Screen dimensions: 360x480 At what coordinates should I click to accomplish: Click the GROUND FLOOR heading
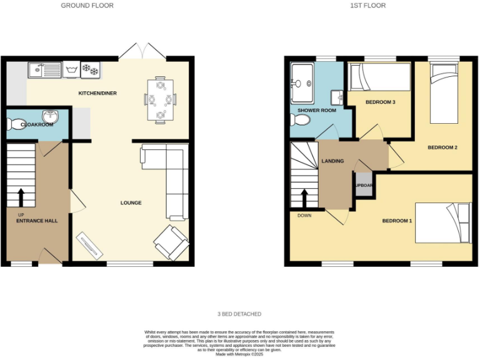tap(87, 6)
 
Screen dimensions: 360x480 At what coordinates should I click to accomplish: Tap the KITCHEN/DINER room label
tap(97, 94)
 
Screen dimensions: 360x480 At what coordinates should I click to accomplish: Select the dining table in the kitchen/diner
tap(161, 99)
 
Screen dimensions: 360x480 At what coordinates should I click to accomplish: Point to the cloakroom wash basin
tap(49, 117)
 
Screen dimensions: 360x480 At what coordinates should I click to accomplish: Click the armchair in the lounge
tap(171, 242)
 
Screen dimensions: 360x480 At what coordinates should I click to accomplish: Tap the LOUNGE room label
tap(131, 203)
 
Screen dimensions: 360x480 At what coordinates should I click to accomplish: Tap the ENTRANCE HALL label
tap(37, 221)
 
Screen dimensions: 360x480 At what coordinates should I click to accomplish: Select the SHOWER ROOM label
tap(316, 111)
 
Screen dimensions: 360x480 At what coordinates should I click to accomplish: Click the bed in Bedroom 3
tap(379, 79)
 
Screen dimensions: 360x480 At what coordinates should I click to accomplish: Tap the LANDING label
tap(332, 161)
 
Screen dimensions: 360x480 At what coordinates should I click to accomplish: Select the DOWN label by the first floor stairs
tap(304, 216)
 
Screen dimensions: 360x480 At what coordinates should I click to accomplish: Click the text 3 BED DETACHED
tap(240, 314)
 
